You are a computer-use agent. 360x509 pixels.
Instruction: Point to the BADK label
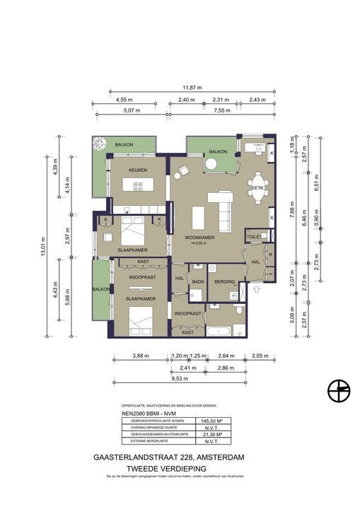[x=198, y=281]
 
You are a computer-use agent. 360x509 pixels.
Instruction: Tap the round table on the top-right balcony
[x=211, y=165]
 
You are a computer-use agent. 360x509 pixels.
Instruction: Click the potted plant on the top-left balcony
[x=95, y=144]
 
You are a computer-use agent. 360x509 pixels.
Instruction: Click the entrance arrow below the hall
[x=256, y=288]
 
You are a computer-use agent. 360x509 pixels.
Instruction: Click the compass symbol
[x=339, y=390]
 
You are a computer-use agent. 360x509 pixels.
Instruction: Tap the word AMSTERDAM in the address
[x=219, y=458]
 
